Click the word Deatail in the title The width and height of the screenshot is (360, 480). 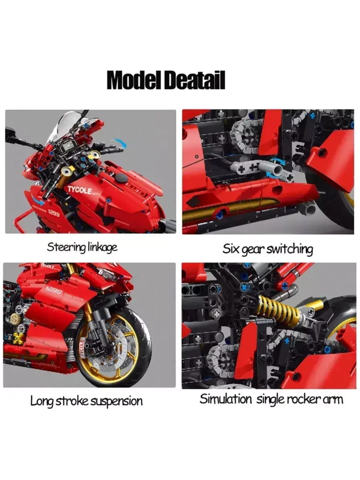(x=195, y=80)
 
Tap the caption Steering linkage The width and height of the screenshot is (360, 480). (x=82, y=247)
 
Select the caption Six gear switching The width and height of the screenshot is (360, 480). (x=267, y=249)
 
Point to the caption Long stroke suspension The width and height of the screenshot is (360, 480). (x=86, y=401)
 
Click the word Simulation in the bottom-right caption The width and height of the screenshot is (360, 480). (x=226, y=399)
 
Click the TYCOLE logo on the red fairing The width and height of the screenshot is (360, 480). (x=80, y=190)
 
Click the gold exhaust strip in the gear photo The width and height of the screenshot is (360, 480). (x=230, y=209)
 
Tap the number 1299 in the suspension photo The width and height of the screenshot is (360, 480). (x=54, y=291)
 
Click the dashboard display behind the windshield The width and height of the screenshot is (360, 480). (x=68, y=147)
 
